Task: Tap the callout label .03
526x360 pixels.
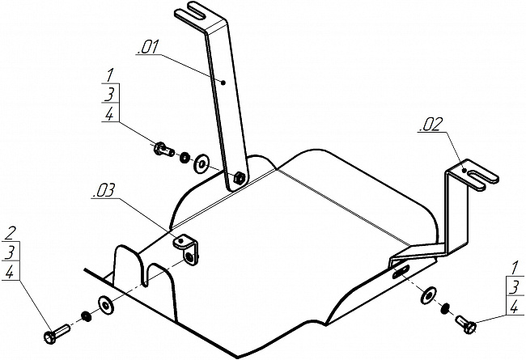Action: [103, 191]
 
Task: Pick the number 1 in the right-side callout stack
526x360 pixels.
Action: [514, 269]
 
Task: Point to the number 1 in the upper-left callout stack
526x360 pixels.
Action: [110, 75]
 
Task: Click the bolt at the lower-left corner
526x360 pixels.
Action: [57, 333]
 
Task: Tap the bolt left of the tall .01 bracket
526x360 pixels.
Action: [163, 150]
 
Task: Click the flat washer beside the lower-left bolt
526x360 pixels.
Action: [106, 305]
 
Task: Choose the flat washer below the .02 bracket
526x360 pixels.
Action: [428, 295]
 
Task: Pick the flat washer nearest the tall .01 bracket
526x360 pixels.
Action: [201, 163]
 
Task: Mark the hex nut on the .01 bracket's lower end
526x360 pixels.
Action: [240, 177]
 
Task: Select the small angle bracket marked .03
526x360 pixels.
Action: [186, 250]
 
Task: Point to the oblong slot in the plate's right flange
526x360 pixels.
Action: [401, 271]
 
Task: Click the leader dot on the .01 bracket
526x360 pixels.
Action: [224, 83]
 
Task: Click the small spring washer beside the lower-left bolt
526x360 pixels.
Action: [87, 316]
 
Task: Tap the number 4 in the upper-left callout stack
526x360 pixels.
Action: [110, 114]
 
